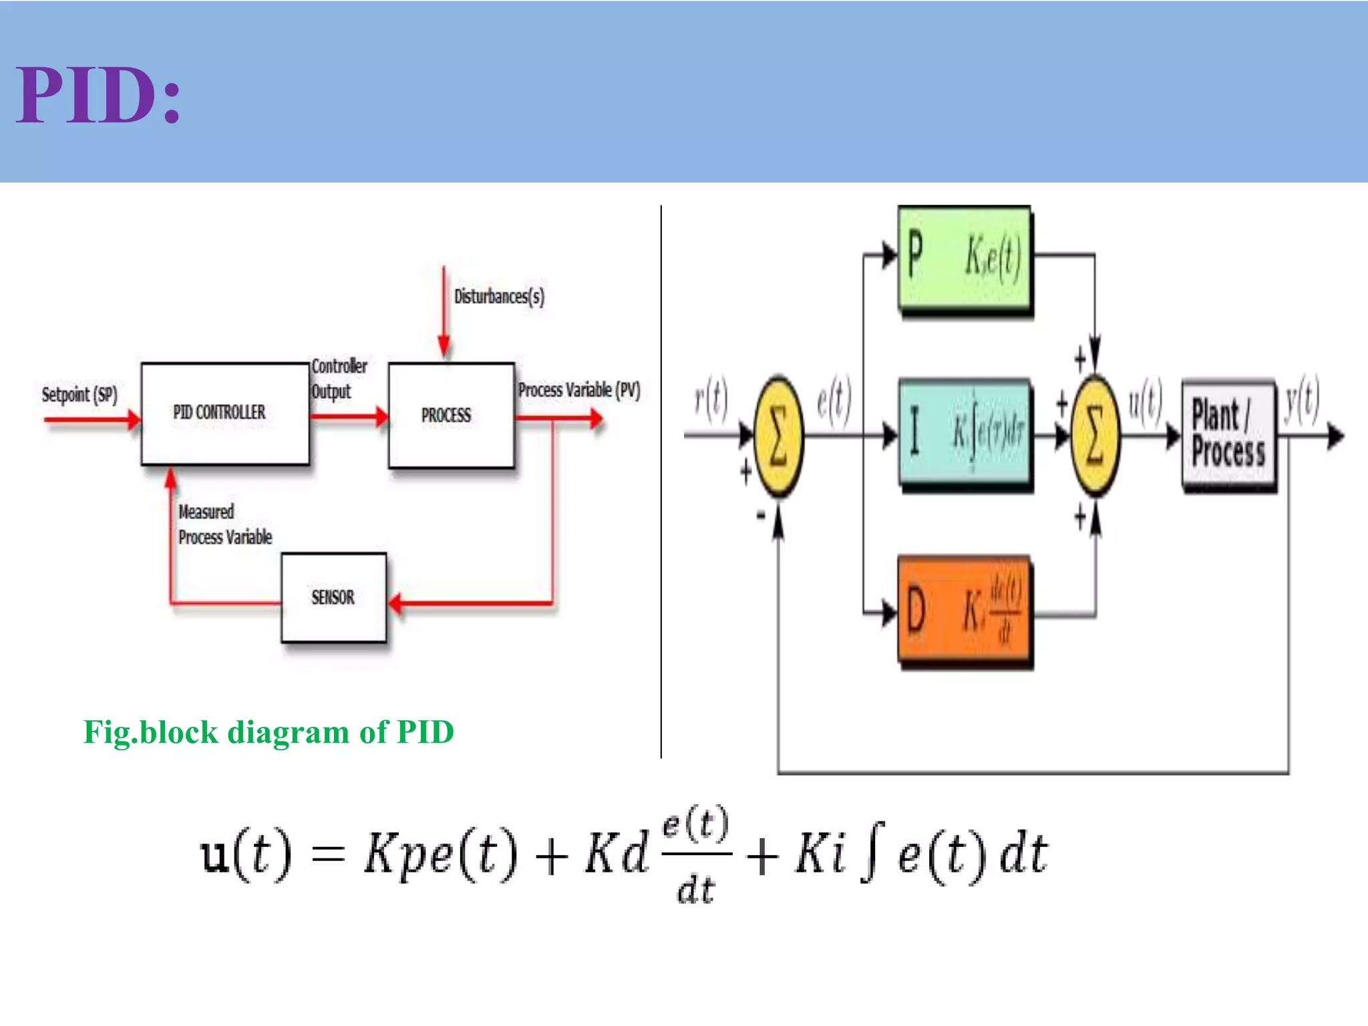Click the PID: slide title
tap(99, 95)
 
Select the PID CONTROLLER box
tap(224, 413)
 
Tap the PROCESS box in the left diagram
tap(451, 415)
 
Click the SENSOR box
tap(333, 597)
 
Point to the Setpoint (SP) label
tap(79, 394)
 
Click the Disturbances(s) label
tap(499, 296)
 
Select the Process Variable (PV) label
tap(579, 390)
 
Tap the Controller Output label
tap(339, 379)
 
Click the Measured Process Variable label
tap(224, 524)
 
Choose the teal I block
tap(964, 434)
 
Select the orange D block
tap(964, 610)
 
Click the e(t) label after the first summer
tap(834, 401)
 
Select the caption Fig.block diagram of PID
tap(269, 732)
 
